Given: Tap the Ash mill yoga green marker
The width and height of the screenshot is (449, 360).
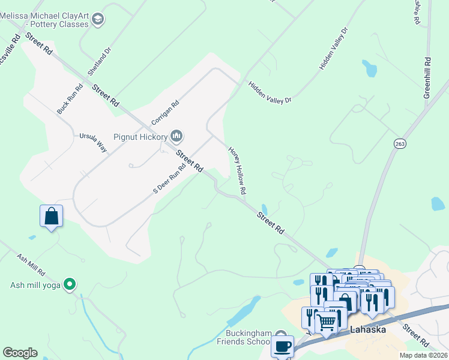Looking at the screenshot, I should [70, 284].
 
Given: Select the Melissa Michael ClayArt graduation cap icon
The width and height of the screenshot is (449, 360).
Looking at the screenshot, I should [98, 20].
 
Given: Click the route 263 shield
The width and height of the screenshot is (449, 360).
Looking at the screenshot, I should [400, 143].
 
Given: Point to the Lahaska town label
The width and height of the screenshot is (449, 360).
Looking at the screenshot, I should [367, 329].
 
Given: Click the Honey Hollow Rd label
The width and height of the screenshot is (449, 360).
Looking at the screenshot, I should [238, 170].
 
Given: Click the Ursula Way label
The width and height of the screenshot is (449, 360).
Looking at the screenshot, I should [93, 143].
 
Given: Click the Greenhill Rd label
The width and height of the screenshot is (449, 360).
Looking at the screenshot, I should [427, 78].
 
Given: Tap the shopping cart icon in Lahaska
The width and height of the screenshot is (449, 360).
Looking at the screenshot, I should [327, 323].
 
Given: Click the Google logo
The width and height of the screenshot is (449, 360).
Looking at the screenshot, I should [20, 353].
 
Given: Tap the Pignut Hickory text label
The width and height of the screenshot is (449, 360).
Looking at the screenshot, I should [140, 137].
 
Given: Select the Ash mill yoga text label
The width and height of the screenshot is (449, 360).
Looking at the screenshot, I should [35, 285].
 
